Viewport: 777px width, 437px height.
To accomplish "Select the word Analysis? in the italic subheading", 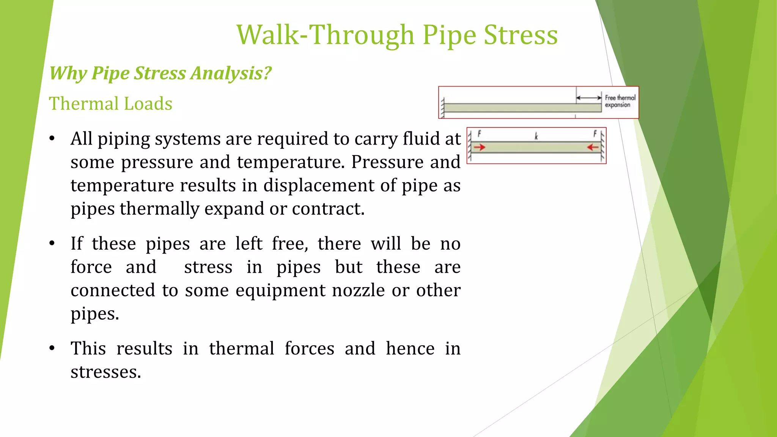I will click(x=231, y=73).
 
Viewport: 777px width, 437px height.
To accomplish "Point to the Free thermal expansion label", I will click(x=620, y=101).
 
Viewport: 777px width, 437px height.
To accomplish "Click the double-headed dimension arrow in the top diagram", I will click(x=589, y=98).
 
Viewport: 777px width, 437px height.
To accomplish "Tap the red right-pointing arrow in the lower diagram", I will click(x=480, y=147).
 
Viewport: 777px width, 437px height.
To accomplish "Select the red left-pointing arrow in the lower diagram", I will click(x=593, y=147).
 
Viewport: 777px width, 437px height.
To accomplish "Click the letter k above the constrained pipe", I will click(x=536, y=136).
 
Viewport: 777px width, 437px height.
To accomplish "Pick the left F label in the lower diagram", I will click(x=479, y=134).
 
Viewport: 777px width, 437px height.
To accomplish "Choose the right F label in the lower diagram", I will click(x=595, y=134).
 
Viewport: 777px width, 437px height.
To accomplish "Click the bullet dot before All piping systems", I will click(x=52, y=138).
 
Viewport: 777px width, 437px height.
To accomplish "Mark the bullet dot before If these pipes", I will click(x=52, y=244).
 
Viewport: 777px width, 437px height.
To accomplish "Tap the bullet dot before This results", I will click(x=52, y=348).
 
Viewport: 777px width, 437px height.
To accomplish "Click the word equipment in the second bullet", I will click(x=280, y=291).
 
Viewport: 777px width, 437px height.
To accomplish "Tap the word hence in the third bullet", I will click(x=410, y=348).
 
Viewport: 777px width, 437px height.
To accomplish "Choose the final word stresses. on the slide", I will click(x=106, y=372).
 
